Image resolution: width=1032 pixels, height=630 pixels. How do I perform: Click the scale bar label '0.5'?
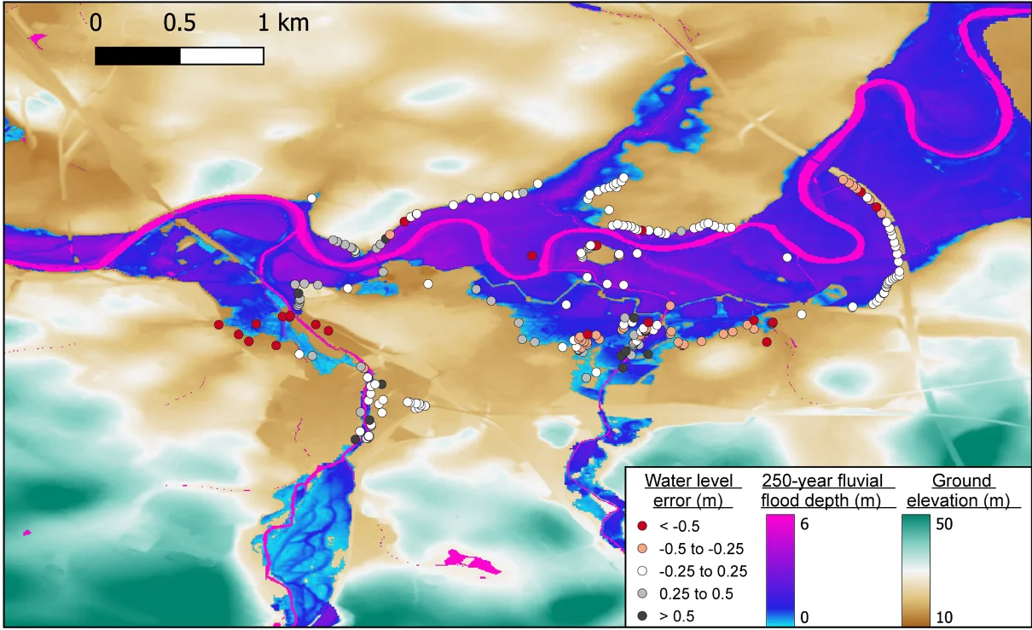click(x=180, y=24)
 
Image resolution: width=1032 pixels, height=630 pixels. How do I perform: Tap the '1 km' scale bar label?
click(x=283, y=24)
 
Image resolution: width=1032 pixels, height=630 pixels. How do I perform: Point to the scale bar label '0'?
click(x=96, y=24)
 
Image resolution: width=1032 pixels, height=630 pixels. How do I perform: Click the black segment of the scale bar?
click(x=137, y=55)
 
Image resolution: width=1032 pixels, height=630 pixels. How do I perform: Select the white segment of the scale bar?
click(x=222, y=55)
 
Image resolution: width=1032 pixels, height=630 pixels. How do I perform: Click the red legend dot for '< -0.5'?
click(x=641, y=526)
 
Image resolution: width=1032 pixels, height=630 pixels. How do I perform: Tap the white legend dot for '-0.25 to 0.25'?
click(x=641, y=571)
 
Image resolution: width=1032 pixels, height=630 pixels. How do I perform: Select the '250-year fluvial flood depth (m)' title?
click(x=821, y=490)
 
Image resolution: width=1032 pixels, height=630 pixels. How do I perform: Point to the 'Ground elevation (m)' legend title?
click(x=961, y=490)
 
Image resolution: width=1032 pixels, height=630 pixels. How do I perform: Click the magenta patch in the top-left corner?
click(x=38, y=39)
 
